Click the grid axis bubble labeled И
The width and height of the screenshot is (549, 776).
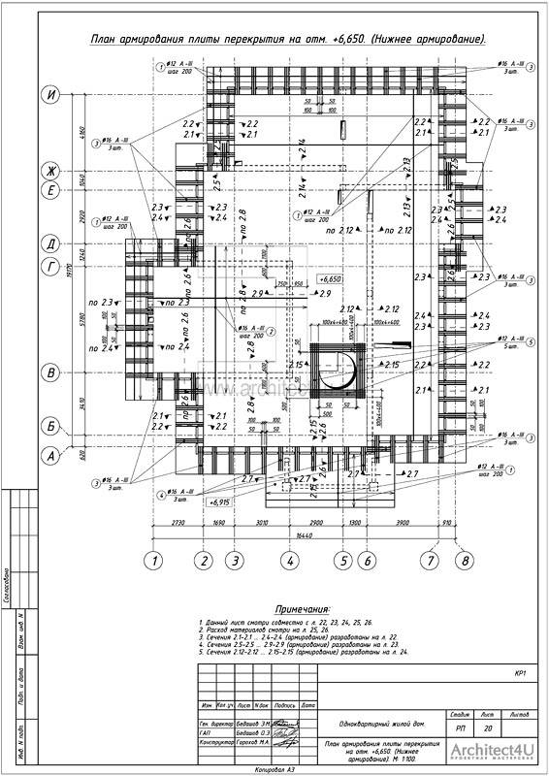click(x=48, y=95)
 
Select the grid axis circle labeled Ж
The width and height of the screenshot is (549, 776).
click(x=48, y=171)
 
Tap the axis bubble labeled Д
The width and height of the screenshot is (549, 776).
click(x=48, y=242)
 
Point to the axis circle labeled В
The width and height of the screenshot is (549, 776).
click(x=48, y=372)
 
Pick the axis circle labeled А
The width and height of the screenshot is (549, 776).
click(x=48, y=452)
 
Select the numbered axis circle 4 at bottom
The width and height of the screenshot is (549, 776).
click(x=289, y=560)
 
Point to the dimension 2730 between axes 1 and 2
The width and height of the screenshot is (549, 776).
click(x=177, y=522)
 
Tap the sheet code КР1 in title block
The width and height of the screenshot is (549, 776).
click(x=520, y=672)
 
